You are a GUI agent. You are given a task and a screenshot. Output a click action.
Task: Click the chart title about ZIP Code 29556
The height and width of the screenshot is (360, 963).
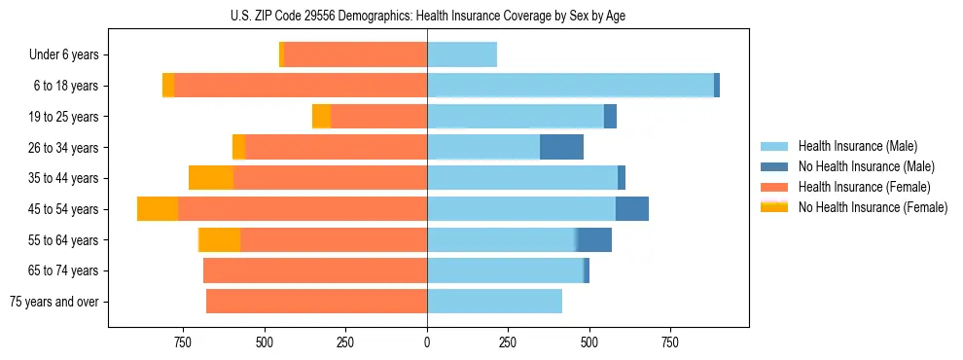428,15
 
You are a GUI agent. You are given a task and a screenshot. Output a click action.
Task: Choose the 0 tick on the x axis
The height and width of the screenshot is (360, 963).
427,342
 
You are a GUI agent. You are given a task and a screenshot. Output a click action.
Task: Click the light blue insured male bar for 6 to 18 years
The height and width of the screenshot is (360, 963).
570,86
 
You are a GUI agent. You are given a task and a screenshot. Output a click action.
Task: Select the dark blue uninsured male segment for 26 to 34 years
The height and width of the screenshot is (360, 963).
561,147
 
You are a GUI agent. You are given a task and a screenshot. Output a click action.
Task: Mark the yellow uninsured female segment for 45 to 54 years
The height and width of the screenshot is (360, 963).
158,209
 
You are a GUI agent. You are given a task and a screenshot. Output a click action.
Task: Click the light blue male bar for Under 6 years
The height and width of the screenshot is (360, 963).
462,55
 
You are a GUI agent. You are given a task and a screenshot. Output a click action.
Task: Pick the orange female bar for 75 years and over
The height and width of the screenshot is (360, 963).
316,302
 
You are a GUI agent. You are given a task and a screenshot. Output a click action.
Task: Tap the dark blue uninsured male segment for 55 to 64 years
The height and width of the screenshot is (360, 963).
593,240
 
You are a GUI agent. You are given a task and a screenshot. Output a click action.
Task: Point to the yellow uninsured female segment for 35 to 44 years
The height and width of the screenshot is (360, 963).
211,178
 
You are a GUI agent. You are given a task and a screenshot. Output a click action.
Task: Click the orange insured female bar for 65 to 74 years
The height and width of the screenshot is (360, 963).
315,270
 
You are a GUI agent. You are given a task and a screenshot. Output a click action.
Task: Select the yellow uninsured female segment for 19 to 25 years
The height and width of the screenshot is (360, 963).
321,117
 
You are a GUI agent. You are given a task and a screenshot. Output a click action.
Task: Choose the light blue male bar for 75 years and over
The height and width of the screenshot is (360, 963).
494,302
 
